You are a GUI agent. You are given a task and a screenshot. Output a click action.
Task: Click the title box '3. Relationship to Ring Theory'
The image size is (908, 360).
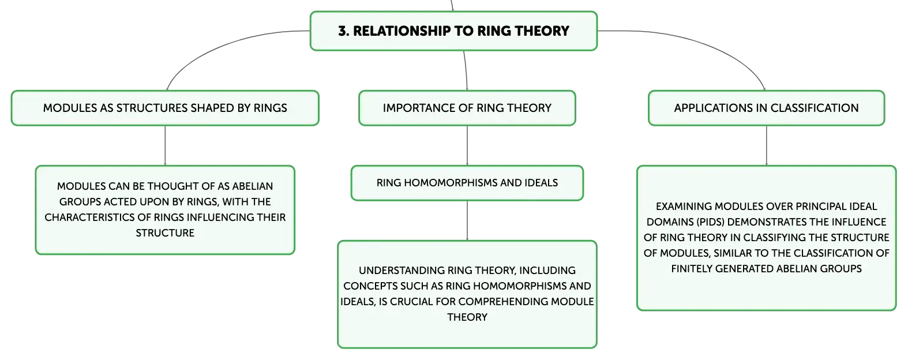[453, 31]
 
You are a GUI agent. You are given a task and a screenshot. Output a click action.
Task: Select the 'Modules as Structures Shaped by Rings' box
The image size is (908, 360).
[165, 108]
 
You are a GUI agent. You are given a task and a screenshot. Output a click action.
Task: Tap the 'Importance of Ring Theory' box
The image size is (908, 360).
[467, 108]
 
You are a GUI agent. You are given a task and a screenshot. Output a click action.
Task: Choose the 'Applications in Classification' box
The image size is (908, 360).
[766, 108]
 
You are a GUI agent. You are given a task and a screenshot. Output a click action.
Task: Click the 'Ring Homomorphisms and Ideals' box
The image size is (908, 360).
[467, 183]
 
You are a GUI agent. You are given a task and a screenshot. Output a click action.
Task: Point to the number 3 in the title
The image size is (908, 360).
[343, 31]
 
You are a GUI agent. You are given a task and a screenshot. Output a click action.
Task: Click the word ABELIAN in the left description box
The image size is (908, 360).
[253, 186]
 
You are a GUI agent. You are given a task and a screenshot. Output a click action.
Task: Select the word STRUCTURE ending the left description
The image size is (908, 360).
[165, 233]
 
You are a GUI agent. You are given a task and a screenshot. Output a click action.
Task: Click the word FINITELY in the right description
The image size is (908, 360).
[692, 269]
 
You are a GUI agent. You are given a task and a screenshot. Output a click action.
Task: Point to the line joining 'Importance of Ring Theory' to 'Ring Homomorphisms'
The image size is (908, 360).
[467, 145]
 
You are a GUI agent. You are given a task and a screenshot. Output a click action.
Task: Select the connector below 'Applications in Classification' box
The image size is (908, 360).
[766, 145]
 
